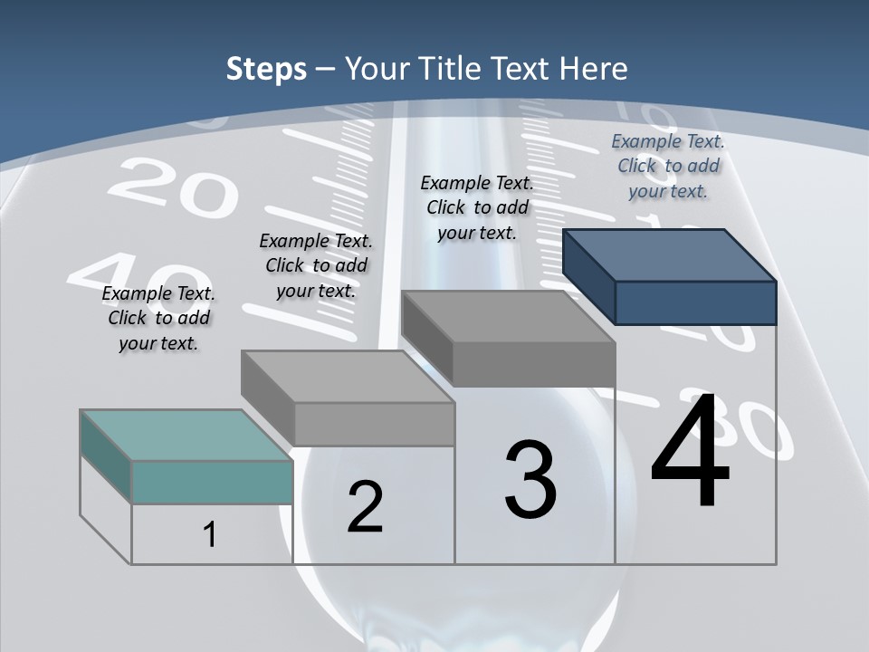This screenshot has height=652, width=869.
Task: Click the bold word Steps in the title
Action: pyautogui.click(x=266, y=69)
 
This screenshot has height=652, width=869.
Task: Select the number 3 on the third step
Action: pyautogui.click(x=530, y=479)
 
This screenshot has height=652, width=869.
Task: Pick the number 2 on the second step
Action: pyautogui.click(x=365, y=507)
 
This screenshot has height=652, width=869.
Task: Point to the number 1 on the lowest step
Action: pyautogui.click(x=210, y=534)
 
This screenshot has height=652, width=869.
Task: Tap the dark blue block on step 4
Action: pyautogui.click(x=693, y=301)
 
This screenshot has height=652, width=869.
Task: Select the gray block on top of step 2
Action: pyautogui.click(x=373, y=422)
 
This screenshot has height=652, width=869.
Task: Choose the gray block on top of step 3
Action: pyautogui.click(x=532, y=362)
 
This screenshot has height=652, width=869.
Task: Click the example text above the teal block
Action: pyautogui.click(x=158, y=319)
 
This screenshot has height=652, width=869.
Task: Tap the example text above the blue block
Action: pyautogui.click(x=668, y=167)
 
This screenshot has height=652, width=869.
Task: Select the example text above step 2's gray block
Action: pyautogui.click(x=316, y=266)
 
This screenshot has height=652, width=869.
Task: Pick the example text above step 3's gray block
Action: pyautogui.click(x=477, y=207)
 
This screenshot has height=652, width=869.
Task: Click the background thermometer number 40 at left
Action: pyautogui.click(x=136, y=276)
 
